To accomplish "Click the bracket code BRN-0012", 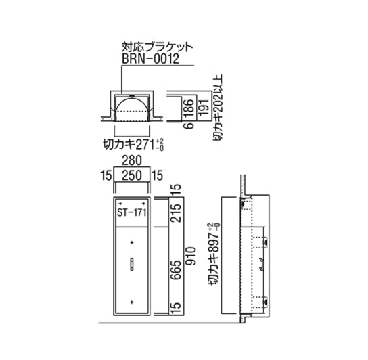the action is coord(150,58).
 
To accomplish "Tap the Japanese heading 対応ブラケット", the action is coord(157,47).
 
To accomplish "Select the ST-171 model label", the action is coord(132,212).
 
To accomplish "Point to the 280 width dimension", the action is coord(132,161).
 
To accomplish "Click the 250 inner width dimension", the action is coord(132,175).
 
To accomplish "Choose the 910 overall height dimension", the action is coord(190,256).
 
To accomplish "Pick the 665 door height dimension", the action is coord(177,270).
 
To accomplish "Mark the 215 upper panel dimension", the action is coord(177,212).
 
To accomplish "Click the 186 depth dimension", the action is coord(189,108).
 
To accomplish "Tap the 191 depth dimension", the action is coord(204,108).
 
